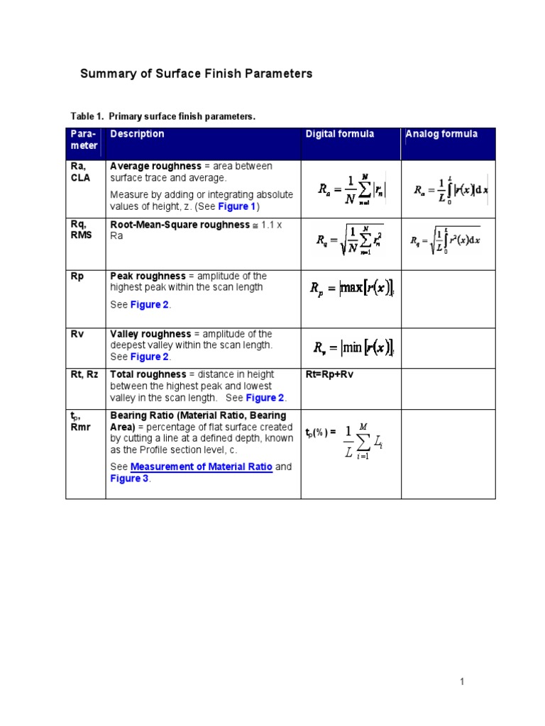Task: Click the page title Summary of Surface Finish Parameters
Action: coord(196,74)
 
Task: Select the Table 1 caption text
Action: coord(163,116)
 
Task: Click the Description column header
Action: coord(137,134)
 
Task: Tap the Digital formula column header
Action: coord(340,134)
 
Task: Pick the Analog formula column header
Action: coord(441,134)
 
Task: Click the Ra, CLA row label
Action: coord(81,172)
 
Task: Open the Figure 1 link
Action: coord(236,206)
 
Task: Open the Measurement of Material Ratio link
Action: coord(202,467)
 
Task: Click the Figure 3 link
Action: coord(128,479)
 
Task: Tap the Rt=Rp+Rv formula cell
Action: coord(329,374)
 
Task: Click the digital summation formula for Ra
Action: coord(351,189)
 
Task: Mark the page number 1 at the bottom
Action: coord(461,682)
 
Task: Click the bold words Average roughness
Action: coord(155,166)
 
